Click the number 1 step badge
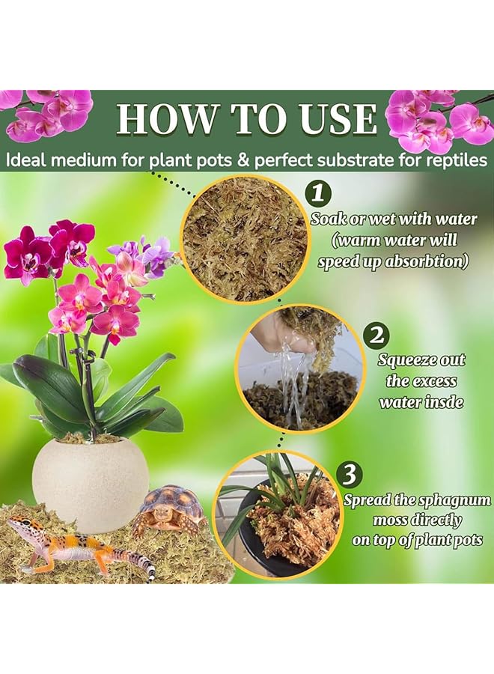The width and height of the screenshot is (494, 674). [x=319, y=194]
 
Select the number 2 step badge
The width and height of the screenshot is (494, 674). [x=376, y=335]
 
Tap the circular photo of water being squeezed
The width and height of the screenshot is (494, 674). [x=299, y=368]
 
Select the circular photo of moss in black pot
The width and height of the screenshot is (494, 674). [x=277, y=513]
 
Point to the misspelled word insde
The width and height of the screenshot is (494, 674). [x=448, y=402]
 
